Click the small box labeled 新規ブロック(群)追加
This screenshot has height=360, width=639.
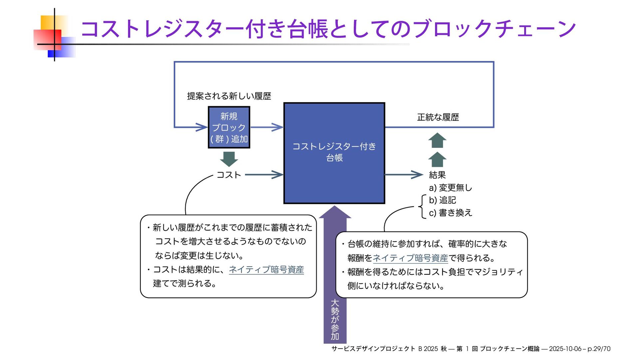click(x=229, y=128)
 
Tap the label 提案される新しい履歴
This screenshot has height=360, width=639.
click(x=229, y=96)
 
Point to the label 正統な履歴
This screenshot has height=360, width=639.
click(x=438, y=117)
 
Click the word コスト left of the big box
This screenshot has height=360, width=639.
click(x=229, y=175)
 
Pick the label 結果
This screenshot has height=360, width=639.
click(x=437, y=175)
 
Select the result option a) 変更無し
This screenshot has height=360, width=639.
click(x=450, y=188)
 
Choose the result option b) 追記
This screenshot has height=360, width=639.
click(x=442, y=200)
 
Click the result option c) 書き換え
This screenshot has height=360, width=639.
click(x=450, y=213)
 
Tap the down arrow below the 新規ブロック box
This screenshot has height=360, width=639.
click(x=229, y=159)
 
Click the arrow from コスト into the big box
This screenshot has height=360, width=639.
click(x=264, y=175)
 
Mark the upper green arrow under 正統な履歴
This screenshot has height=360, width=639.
click(x=437, y=140)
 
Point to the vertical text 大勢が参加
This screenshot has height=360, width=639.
click(x=335, y=319)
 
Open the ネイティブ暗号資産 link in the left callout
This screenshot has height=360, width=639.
click(x=266, y=269)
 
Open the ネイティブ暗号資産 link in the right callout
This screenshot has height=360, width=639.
click(x=410, y=258)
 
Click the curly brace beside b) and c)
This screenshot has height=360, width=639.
click(x=422, y=206)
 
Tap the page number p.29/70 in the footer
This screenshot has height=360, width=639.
click(x=599, y=349)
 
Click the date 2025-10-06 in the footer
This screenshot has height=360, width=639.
click(x=565, y=349)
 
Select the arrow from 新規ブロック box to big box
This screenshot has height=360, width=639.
click(x=267, y=127)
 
